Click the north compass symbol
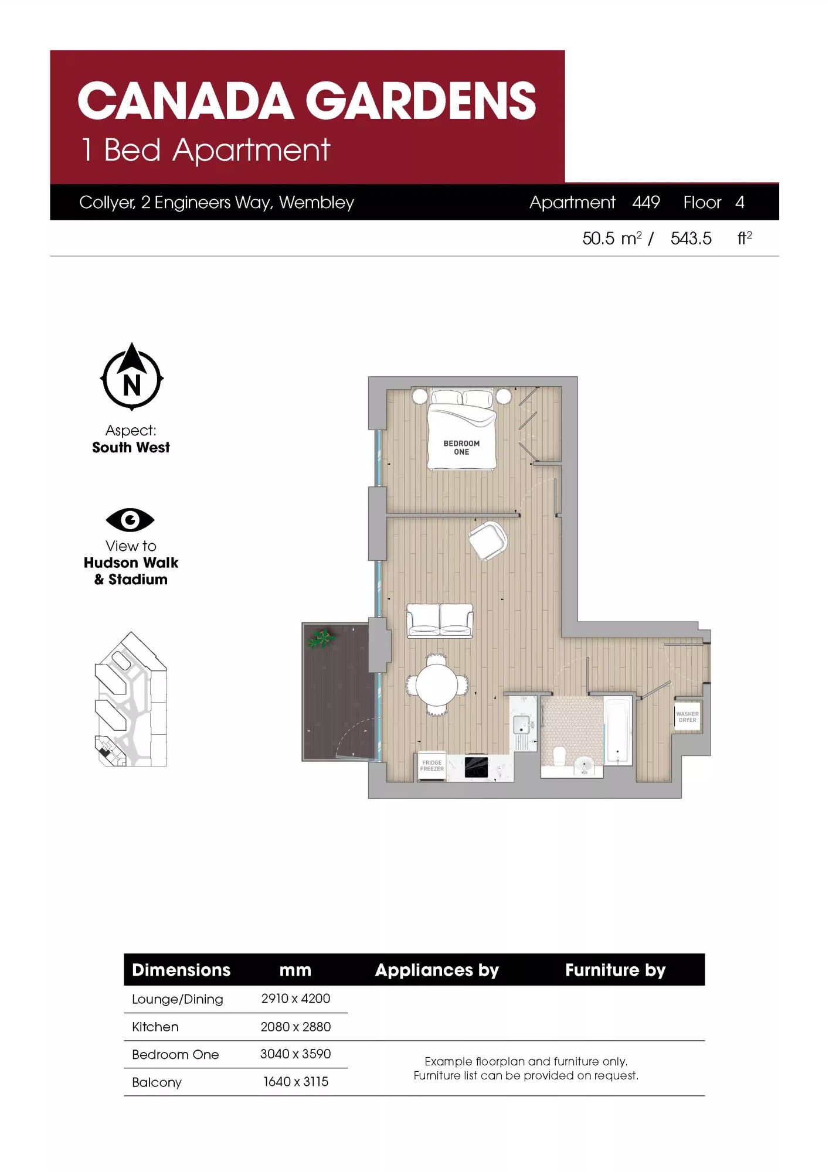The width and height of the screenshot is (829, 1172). [132, 377]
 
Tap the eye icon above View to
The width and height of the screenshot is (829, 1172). [130, 520]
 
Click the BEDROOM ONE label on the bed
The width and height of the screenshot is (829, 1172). [461, 448]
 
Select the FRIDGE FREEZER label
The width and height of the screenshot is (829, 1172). [432, 765]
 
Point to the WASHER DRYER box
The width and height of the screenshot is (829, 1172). [687, 717]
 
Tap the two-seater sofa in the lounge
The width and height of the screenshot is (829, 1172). [440, 621]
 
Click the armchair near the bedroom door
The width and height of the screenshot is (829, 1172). [488, 540]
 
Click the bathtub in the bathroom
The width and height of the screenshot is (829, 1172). [618, 730]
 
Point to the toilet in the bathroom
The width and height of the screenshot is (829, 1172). [558, 755]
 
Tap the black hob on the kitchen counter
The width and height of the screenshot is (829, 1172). [476, 767]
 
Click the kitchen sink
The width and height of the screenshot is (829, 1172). [522, 725]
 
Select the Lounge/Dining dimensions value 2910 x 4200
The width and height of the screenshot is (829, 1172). [295, 999]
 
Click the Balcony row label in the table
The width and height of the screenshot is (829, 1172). [157, 1082]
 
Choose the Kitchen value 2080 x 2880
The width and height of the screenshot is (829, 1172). [295, 1027]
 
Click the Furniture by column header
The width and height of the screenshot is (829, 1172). [615, 970]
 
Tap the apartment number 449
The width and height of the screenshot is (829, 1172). [646, 202]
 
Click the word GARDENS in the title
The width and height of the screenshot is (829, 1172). [421, 100]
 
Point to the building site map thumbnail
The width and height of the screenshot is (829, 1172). [131, 699]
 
